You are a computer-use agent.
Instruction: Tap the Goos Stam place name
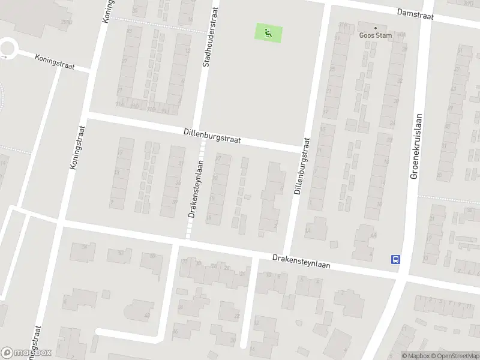coord(376,35)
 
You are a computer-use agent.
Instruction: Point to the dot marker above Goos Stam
coord(376,27)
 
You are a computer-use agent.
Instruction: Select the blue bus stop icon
coord(396,259)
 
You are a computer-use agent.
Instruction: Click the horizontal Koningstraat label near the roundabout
coord(55,62)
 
